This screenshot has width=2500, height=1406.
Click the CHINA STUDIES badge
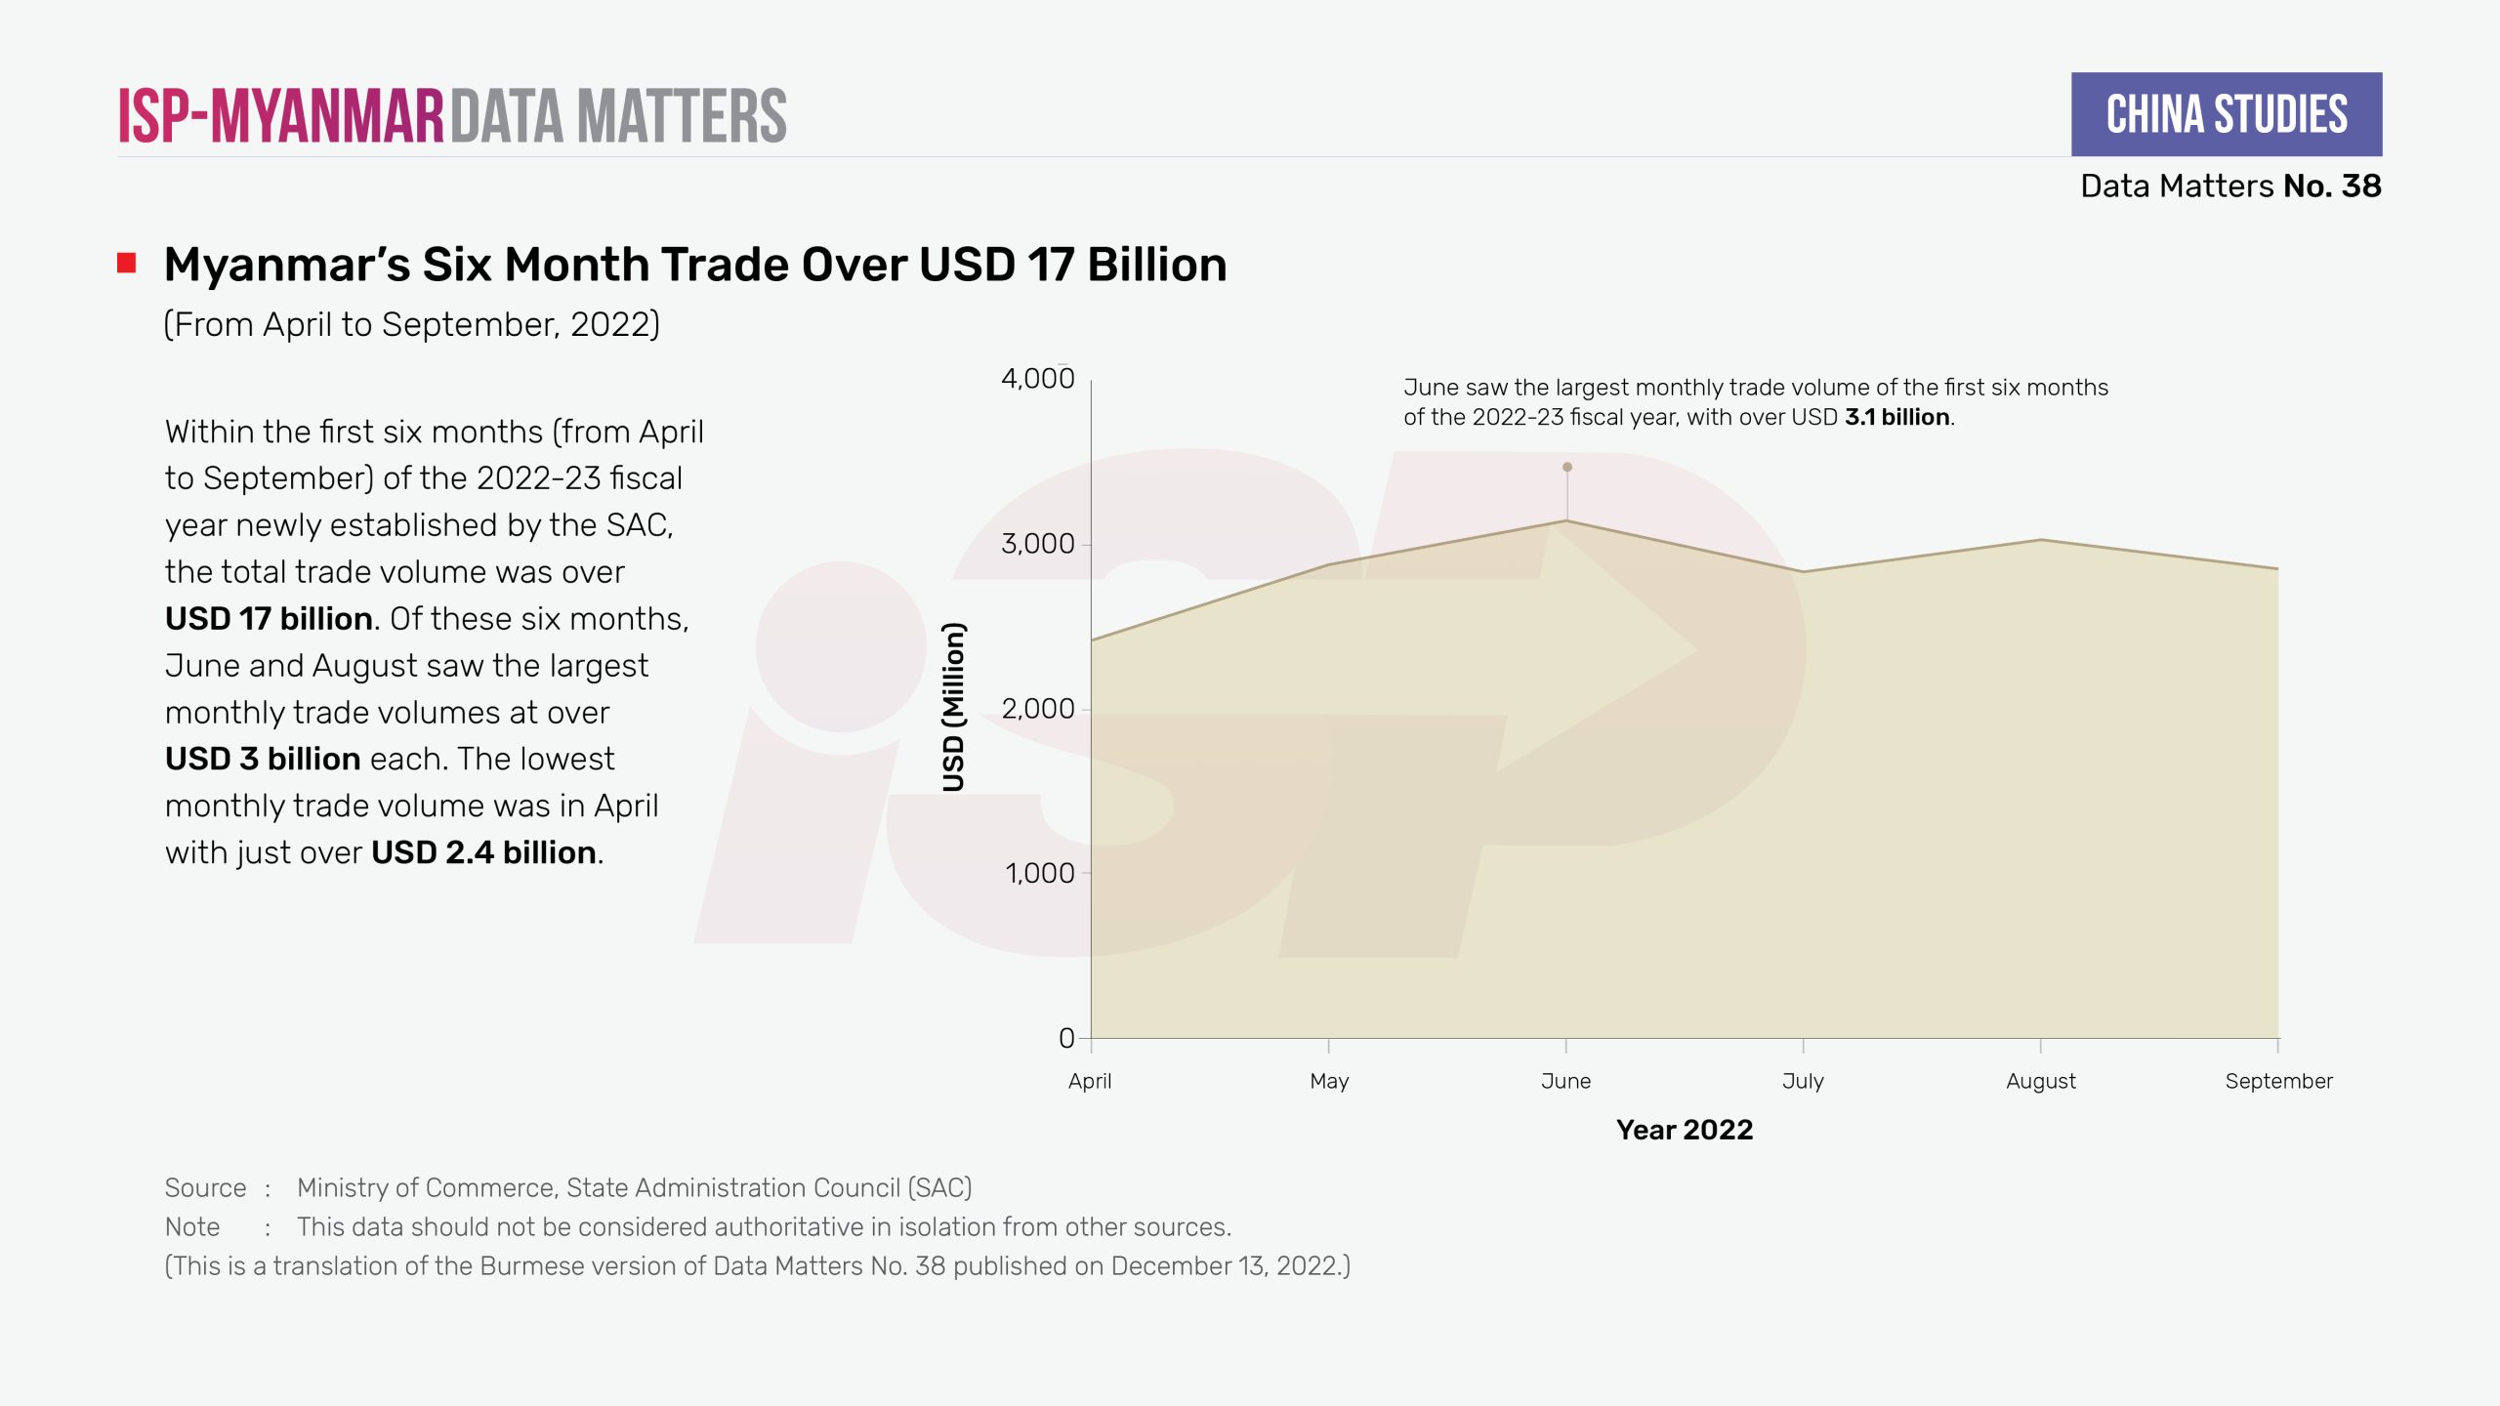(2226, 114)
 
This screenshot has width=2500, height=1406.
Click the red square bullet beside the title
(127, 263)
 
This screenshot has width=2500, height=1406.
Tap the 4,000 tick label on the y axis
(1037, 378)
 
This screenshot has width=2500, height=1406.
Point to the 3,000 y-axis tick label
(1037, 543)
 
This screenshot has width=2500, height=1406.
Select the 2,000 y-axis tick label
(1037, 708)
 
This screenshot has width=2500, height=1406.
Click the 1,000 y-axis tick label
(1039, 873)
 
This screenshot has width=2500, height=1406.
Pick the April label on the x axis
(1090, 1081)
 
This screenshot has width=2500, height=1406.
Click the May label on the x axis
(1329, 1081)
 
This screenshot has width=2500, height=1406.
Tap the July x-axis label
(1803, 1081)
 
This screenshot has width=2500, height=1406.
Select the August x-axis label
(2041, 1081)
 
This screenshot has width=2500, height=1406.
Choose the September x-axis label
(2278, 1081)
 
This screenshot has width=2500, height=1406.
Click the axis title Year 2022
(1685, 1130)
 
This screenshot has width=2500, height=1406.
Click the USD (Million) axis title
(953, 707)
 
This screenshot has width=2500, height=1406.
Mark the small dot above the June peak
(1567, 467)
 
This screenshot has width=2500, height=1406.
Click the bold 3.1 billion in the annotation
(1897, 417)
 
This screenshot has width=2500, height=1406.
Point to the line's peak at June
(1566, 521)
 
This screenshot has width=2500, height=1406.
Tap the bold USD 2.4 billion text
(483, 852)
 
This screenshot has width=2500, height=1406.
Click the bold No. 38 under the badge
(2332, 186)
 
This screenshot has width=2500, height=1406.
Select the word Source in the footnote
(205, 1187)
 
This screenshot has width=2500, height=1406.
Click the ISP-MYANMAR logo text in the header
(281, 116)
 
